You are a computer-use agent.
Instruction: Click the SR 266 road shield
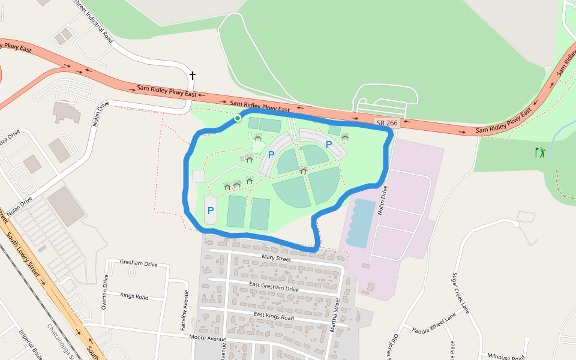[x=387, y=123]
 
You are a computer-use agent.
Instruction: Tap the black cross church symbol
[x=193, y=75]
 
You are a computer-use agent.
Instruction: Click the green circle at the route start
[x=238, y=119]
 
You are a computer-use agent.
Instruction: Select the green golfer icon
[x=540, y=152]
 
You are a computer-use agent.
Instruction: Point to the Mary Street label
[x=276, y=259]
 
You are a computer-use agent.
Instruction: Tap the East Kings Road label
[x=274, y=316]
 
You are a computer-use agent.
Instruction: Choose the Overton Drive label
[x=104, y=292]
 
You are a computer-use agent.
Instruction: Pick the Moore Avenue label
[x=207, y=339]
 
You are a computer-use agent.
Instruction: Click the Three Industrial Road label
[x=93, y=20]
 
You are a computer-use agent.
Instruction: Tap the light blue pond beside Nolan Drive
[x=360, y=223]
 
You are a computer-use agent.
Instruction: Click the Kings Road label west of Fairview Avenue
[x=134, y=296]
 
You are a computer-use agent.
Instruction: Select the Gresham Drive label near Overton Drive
[x=139, y=264]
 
